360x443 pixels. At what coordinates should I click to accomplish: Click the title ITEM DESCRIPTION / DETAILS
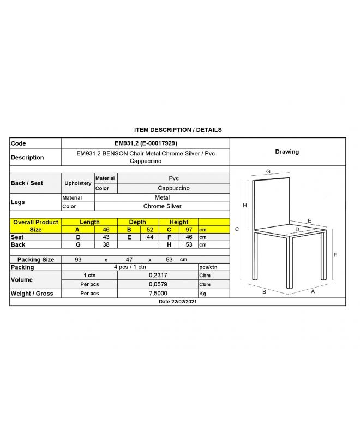click(x=178, y=130)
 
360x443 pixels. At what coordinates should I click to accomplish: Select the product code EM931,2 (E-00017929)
click(x=146, y=143)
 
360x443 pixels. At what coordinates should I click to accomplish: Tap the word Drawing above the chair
click(x=287, y=152)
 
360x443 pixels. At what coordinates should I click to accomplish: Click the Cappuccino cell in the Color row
click(x=174, y=188)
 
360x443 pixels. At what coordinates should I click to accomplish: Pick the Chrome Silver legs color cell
click(x=162, y=207)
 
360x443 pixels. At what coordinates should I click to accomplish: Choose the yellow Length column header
click(x=89, y=222)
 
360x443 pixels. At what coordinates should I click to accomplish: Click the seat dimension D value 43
click(x=106, y=237)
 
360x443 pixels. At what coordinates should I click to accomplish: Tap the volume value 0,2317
click(x=158, y=275)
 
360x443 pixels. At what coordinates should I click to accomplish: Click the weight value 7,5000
click(x=158, y=294)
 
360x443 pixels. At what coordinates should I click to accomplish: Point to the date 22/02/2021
click(x=177, y=301)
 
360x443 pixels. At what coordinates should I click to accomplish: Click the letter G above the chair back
click(x=268, y=172)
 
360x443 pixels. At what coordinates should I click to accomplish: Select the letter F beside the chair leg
click(x=335, y=255)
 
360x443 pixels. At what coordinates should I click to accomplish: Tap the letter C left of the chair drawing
click(x=237, y=229)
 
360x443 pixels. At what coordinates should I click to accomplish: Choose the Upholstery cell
click(x=78, y=183)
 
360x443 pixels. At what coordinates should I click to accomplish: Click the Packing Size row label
click(x=35, y=260)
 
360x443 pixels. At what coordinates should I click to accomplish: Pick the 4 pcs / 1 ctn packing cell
click(x=130, y=267)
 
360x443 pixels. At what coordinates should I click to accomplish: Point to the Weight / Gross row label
click(x=32, y=294)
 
